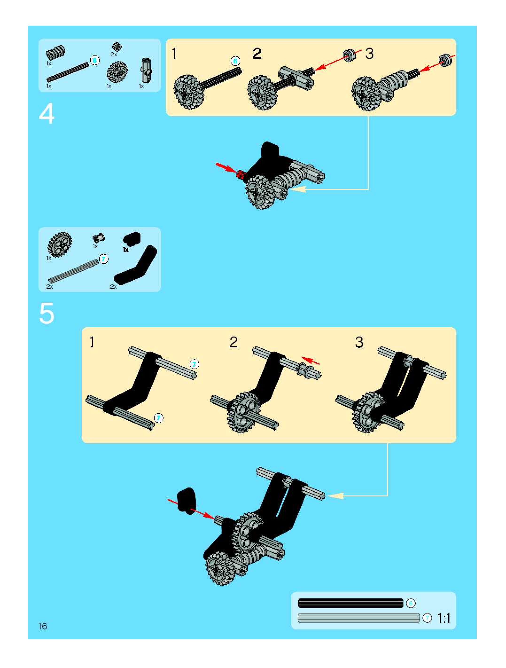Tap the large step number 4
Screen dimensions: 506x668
[47, 114]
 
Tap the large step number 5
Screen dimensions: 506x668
[47, 313]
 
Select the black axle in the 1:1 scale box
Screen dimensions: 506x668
[350, 603]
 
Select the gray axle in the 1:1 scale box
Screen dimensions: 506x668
[358, 618]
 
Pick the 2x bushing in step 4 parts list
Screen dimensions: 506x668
[117, 47]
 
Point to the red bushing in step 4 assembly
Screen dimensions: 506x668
[241, 174]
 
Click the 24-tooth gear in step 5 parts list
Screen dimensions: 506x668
[60, 245]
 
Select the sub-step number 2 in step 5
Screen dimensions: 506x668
[233, 342]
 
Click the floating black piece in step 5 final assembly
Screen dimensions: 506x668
[187, 500]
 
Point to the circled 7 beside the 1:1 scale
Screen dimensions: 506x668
[427, 618]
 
